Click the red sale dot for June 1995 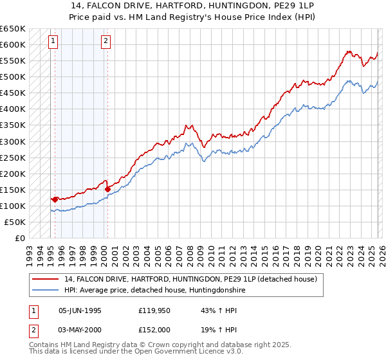click(x=55, y=199)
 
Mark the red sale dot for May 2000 click(x=107, y=189)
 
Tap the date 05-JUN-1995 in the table click(x=80, y=310)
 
